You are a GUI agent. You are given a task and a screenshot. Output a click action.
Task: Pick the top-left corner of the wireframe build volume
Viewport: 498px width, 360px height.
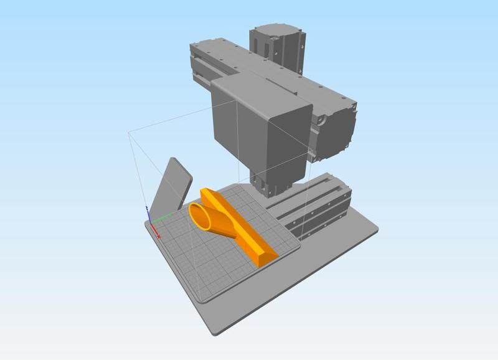pos(128,131)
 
